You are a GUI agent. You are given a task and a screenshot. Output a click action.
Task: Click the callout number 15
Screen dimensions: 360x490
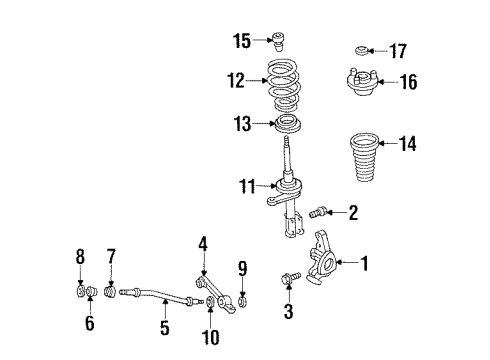[x=242, y=41]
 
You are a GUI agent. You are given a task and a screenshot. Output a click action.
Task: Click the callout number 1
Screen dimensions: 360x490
[x=365, y=265]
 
